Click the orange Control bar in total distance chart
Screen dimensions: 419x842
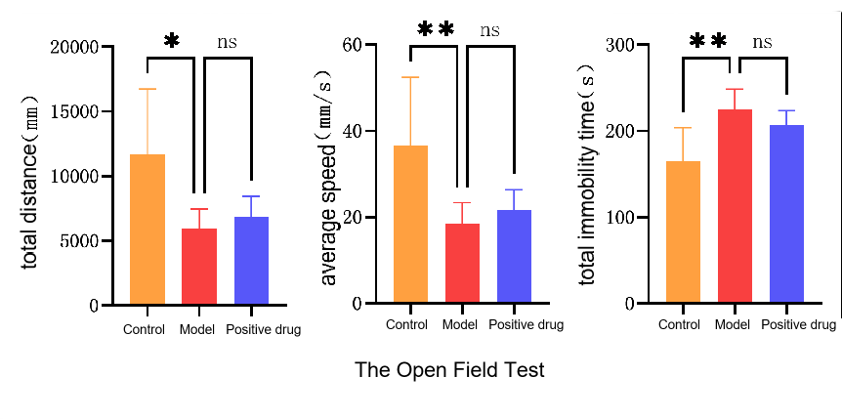pos(147,230)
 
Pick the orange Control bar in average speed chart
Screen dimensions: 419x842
pos(410,225)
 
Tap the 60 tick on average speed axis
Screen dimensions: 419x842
pos(353,45)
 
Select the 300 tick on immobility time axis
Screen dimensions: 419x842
pos(620,45)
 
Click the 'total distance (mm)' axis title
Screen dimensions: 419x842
pos(31,182)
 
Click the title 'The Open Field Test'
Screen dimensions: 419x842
pos(449,370)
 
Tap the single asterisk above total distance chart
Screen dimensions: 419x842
pos(172,41)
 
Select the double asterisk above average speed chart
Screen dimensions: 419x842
pos(436,30)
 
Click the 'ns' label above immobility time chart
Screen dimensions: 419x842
pos(762,42)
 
